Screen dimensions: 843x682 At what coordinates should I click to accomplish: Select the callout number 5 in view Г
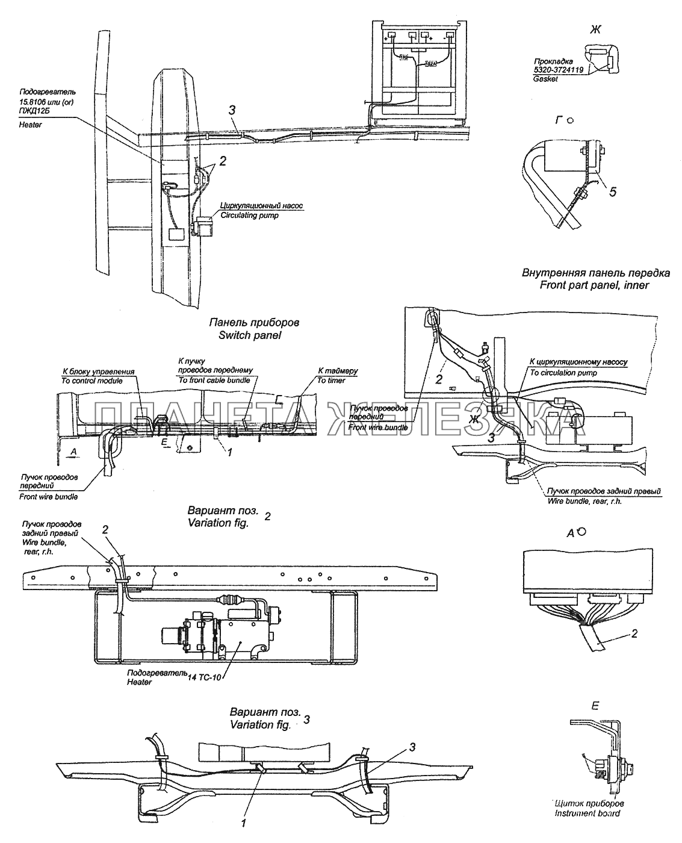coord(613,192)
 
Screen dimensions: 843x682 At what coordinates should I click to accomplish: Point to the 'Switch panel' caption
coord(253,335)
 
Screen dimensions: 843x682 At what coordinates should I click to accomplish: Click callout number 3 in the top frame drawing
coord(232,110)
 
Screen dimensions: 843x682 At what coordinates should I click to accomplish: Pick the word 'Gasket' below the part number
coord(545,79)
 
